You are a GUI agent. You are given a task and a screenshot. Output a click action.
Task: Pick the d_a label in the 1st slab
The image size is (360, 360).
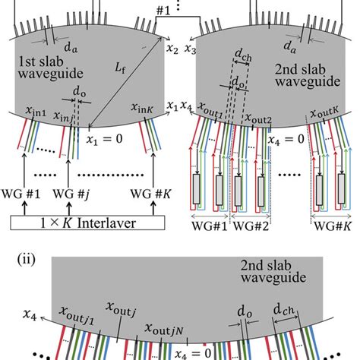(x=93, y=51)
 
